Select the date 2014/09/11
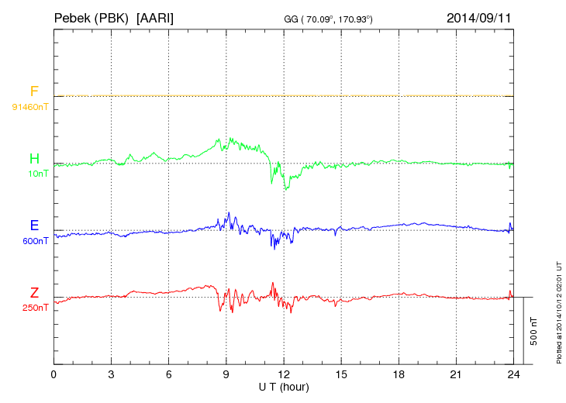(x=479, y=17)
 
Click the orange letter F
(x=34, y=91)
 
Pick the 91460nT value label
(x=29, y=107)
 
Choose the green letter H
(x=34, y=159)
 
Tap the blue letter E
(x=34, y=226)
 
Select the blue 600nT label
(x=35, y=240)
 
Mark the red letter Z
(x=34, y=292)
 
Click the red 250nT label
(x=35, y=307)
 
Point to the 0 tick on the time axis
(x=53, y=374)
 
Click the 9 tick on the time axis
(x=226, y=374)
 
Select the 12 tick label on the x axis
(x=284, y=374)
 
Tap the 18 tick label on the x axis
(x=399, y=374)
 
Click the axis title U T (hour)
(x=284, y=386)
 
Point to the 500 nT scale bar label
(x=534, y=331)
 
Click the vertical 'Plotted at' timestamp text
(x=558, y=310)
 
